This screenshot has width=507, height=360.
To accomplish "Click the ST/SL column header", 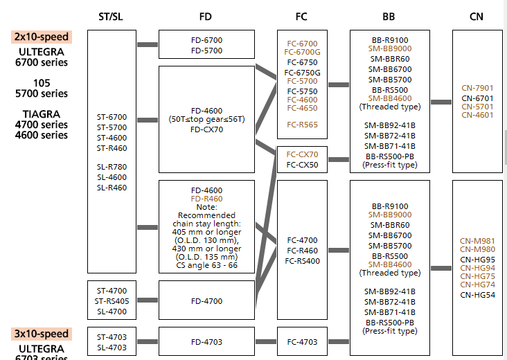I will [112, 17].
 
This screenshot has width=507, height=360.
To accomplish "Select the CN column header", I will [477, 17].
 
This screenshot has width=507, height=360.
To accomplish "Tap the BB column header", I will [389, 17].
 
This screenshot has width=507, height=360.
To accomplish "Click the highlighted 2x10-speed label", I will [41, 37].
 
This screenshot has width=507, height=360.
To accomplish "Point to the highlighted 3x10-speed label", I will [41, 334].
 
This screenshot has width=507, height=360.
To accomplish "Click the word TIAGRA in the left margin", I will [41, 114].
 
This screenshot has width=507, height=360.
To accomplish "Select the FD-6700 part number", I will [206, 40].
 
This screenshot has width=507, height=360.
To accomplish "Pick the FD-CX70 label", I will [206, 129].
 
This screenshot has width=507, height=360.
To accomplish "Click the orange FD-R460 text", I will [206, 199].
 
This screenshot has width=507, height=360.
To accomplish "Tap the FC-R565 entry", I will [303, 125].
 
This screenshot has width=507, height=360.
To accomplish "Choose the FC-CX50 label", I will [303, 165].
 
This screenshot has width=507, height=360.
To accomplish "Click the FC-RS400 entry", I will [303, 261].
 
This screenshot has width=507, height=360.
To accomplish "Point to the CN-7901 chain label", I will [477, 88].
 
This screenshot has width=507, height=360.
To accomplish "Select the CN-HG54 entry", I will [477, 295].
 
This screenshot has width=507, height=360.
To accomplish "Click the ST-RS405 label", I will [112, 301].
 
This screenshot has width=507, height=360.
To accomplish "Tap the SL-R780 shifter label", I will [112, 167].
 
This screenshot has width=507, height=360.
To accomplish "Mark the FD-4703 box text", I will [206, 341].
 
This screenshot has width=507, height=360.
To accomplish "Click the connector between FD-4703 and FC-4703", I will [265, 341].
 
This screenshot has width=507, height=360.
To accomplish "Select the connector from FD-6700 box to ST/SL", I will [148, 45].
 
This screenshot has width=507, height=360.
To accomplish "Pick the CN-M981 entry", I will [477, 241].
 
